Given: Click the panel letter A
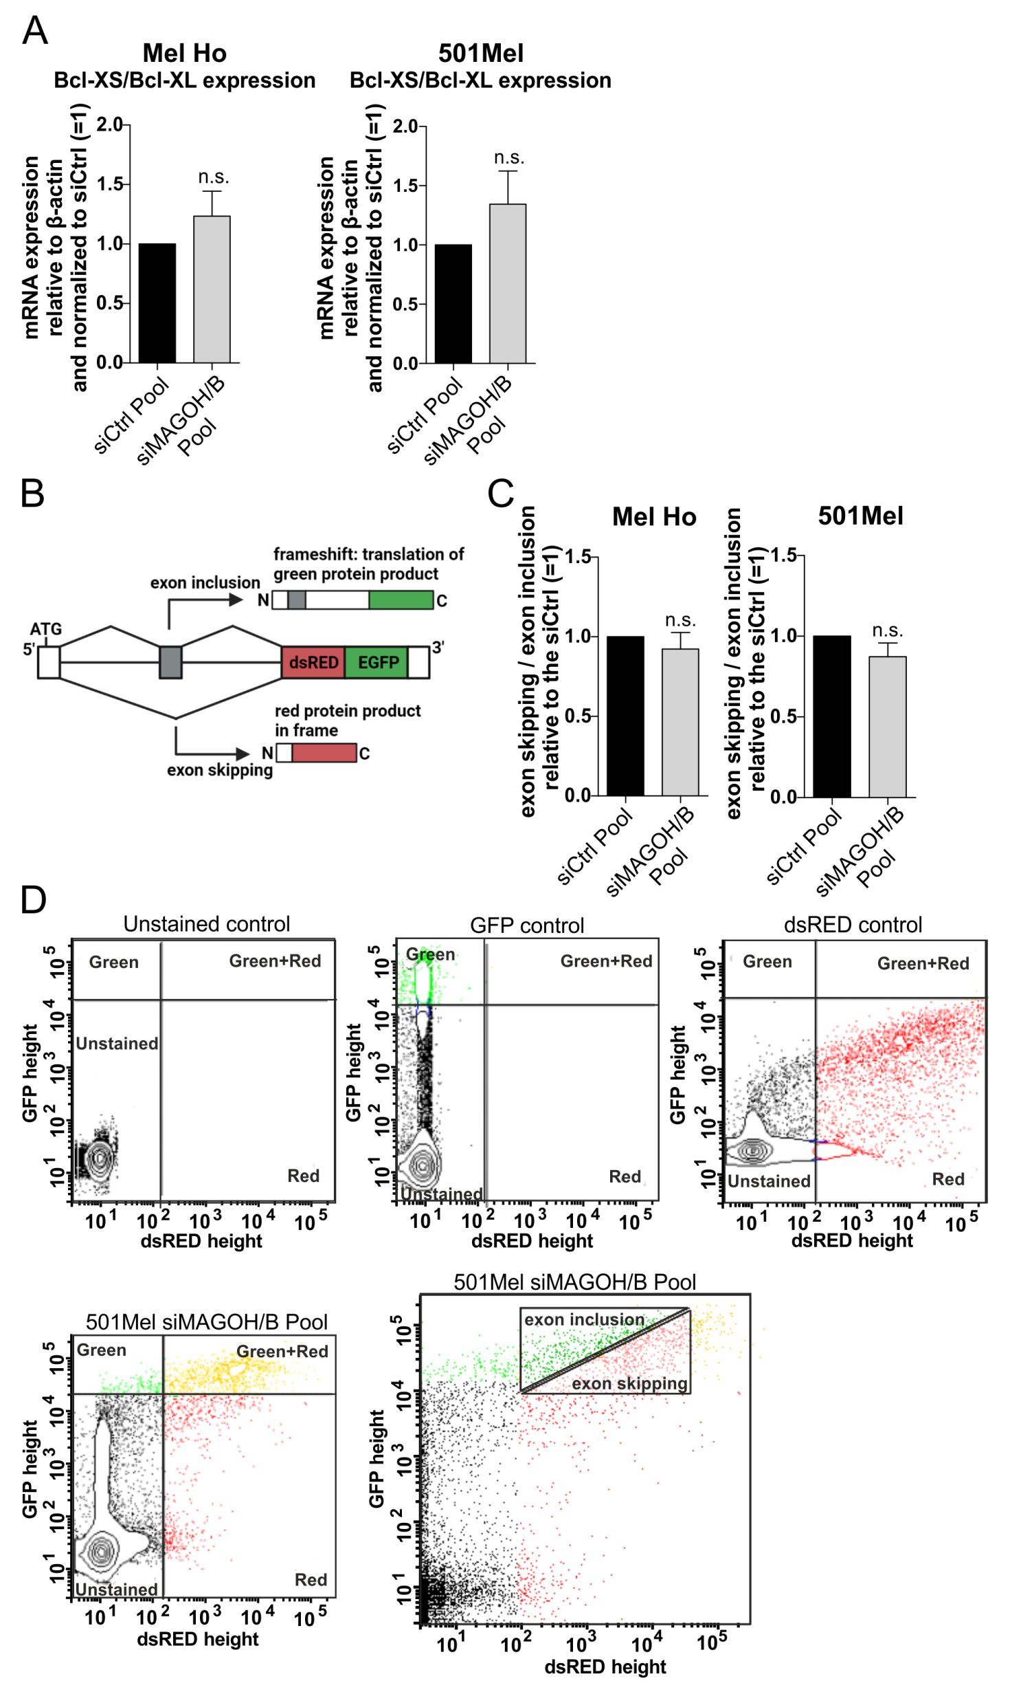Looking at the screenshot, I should pyautogui.click(x=34, y=30).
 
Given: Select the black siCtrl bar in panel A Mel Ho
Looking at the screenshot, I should pyautogui.click(x=157, y=303).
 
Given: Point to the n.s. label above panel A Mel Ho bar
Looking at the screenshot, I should pyautogui.click(x=213, y=177).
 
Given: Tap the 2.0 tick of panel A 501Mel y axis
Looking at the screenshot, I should pyautogui.click(x=405, y=127).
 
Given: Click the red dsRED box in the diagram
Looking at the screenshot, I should pyautogui.click(x=313, y=662).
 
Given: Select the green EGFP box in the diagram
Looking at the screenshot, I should pyautogui.click(x=377, y=662).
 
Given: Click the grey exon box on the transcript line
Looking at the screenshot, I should pyautogui.click(x=170, y=662).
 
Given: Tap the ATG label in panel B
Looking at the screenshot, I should pyautogui.click(x=45, y=628).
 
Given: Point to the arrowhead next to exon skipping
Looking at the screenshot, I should pyautogui.click(x=242, y=754).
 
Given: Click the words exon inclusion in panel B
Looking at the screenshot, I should pyautogui.click(x=205, y=582).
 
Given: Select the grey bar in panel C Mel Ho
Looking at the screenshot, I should pyautogui.click(x=680, y=722).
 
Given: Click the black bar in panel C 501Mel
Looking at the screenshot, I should pyautogui.click(x=831, y=716).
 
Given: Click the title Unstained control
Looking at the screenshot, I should pyautogui.click(x=206, y=923).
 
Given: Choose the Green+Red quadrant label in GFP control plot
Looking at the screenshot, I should pyautogui.click(x=605, y=960).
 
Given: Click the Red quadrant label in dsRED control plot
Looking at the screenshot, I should pyautogui.click(x=947, y=1178).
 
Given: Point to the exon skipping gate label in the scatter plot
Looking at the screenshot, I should pyautogui.click(x=629, y=1383).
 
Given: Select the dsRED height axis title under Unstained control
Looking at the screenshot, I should pyautogui.click(x=201, y=1240).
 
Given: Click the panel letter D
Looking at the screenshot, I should pyautogui.click(x=33, y=899).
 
